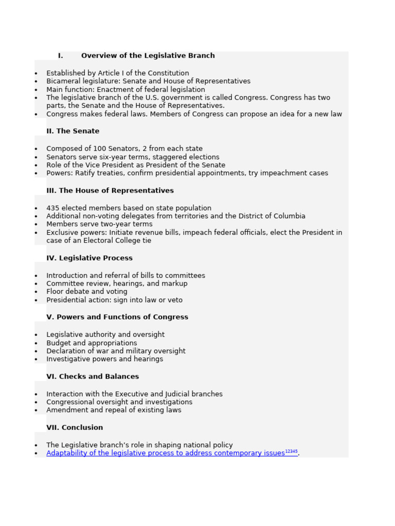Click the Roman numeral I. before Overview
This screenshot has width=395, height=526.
(60, 55)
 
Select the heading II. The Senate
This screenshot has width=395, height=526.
(73, 131)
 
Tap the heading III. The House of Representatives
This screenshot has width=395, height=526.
(110, 191)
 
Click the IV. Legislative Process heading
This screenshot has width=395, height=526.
(89, 258)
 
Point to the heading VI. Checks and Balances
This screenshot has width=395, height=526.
(93, 377)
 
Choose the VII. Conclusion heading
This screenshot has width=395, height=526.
(75, 427)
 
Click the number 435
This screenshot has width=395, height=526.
(52, 208)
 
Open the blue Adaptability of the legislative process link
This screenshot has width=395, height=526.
(165, 453)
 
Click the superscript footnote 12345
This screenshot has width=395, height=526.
(291, 452)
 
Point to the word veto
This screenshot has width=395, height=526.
(174, 300)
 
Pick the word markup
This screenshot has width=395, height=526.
(175, 284)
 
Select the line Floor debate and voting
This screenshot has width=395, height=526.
(86, 292)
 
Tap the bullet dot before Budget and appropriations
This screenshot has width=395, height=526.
(36, 344)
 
